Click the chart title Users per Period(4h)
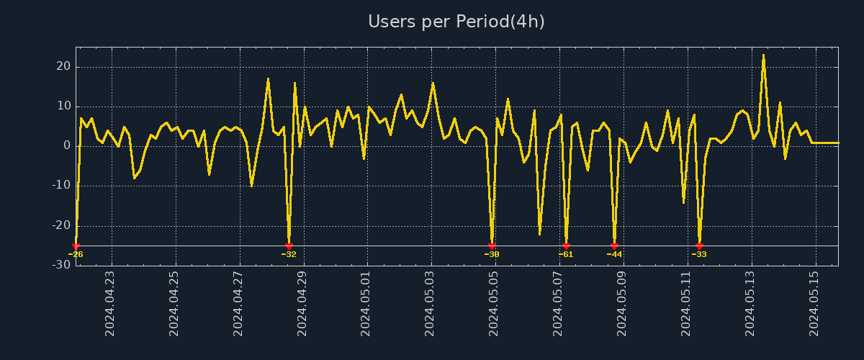click(456, 22)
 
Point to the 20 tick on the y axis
click(64, 67)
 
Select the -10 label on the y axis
click(61, 186)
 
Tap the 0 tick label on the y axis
click(67, 146)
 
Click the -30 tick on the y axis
click(61, 265)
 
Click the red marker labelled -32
click(289, 246)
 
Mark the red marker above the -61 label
click(566, 246)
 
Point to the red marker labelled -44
click(614, 246)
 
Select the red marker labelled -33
click(699, 246)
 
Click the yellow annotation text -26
click(76, 254)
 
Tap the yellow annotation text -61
click(566, 254)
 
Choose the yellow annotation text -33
click(699, 254)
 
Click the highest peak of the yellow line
click(763, 55)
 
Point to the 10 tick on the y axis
click(64, 107)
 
